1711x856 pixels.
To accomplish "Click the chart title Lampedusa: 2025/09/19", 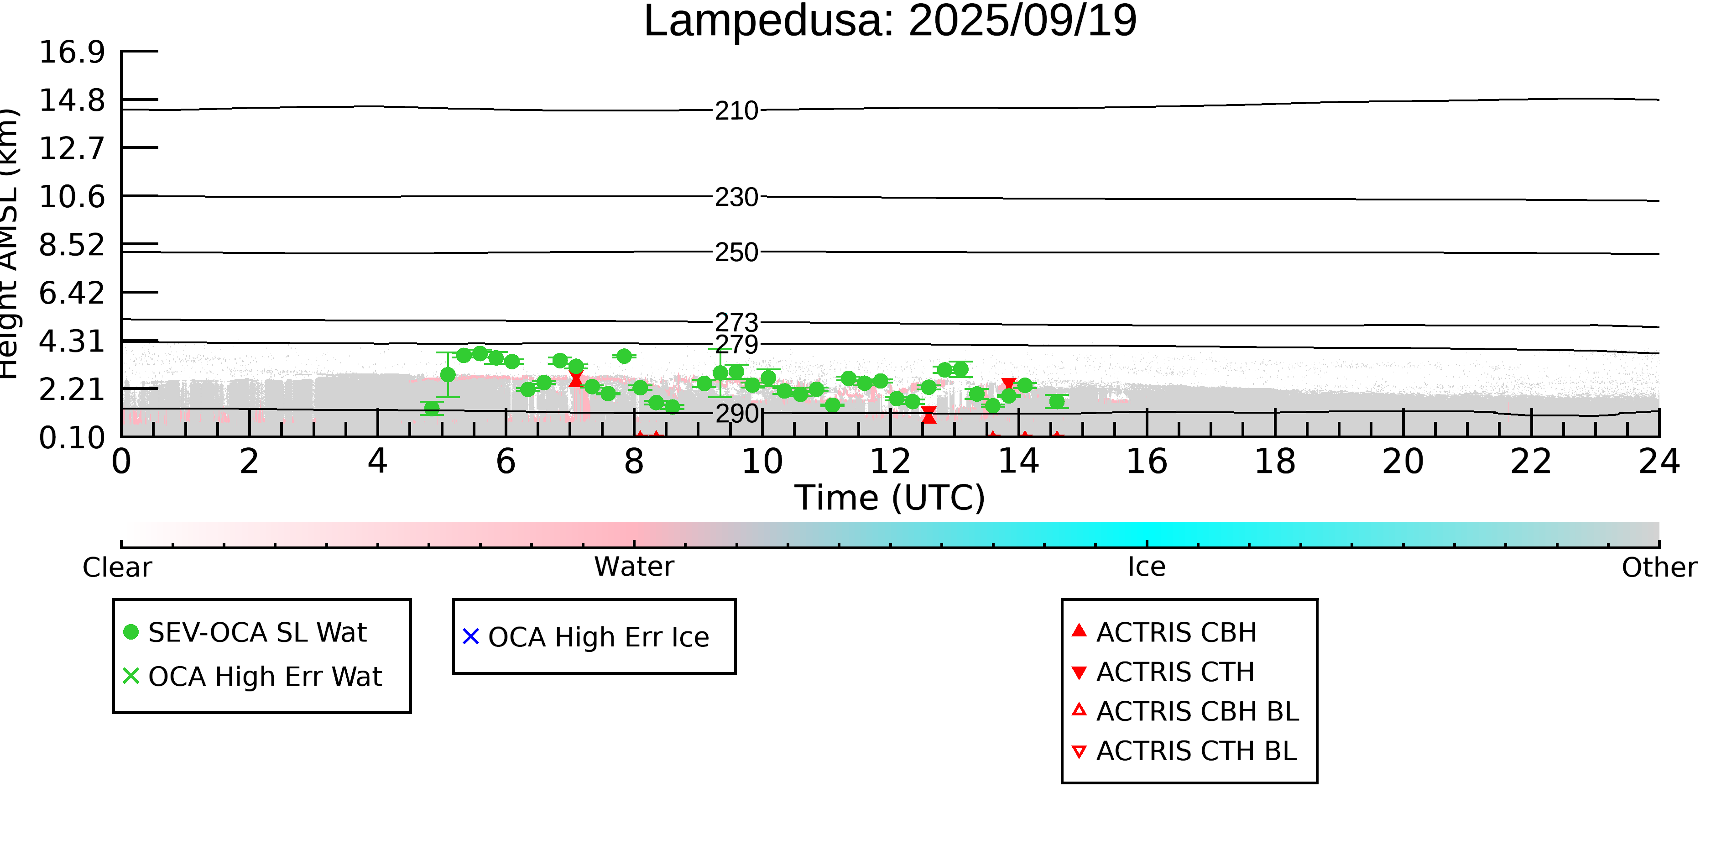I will pyautogui.click(x=890, y=21).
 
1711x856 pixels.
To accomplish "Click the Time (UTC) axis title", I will pyautogui.click(x=890, y=498).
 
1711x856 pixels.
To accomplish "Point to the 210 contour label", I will pyautogui.click(x=736, y=110).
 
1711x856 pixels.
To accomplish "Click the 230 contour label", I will pyautogui.click(x=736, y=197).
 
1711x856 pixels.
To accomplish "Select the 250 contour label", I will pyautogui.click(x=736, y=252).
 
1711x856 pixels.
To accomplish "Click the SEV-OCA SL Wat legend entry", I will pyautogui.click(x=257, y=633).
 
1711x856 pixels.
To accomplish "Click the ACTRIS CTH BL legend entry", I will pyautogui.click(x=1195, y=751).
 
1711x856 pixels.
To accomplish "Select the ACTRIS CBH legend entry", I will pyautogui.click(x=1176, y=633).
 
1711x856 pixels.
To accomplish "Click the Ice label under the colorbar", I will pyautogui.click(x=1147, y=567).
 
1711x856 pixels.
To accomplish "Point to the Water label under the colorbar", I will pyautogui.click(x=634, y=567).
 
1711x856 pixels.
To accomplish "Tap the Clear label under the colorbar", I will pyautogui.click(x=117, y=567).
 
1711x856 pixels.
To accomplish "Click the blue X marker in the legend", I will pyautogui.click(x=471, y=637).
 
